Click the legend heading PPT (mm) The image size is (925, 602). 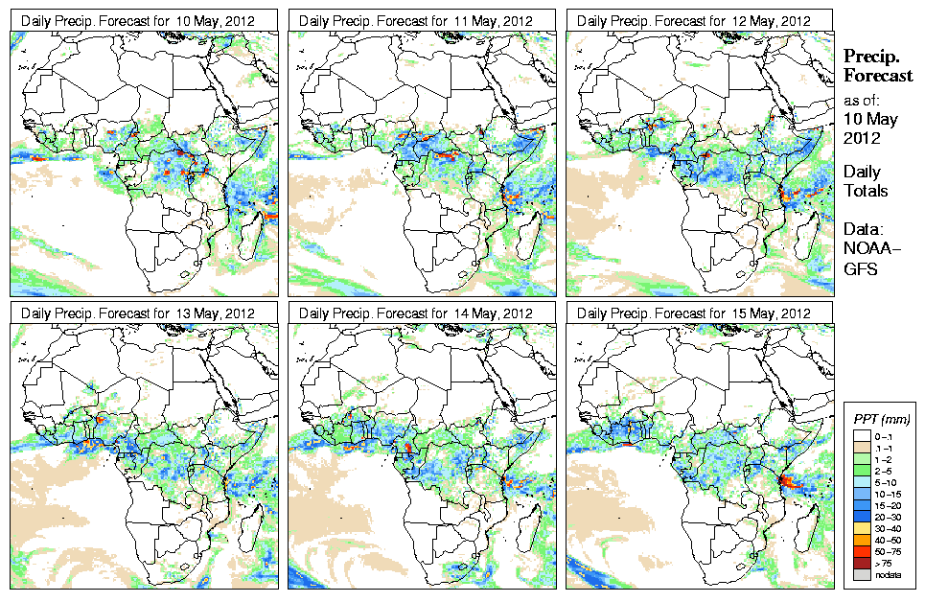tap(881, 418)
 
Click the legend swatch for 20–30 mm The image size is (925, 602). tap(861, 516)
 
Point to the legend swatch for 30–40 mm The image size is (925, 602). tap(861, 527)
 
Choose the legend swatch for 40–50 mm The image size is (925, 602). tap(861, 539)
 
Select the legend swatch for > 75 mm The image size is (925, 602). tap(861, 562)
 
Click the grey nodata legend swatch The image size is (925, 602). tap(861, 573)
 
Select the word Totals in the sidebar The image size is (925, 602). tap(866, 191)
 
